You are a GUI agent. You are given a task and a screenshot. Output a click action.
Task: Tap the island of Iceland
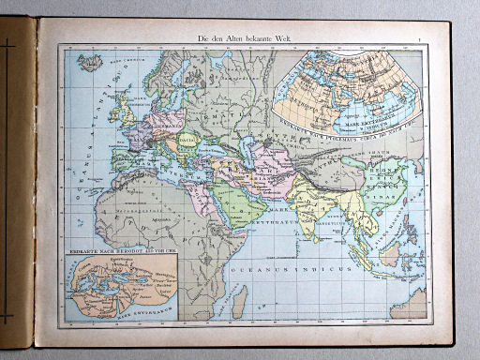[91, 67]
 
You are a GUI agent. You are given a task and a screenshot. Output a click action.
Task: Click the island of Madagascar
[241, 298]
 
